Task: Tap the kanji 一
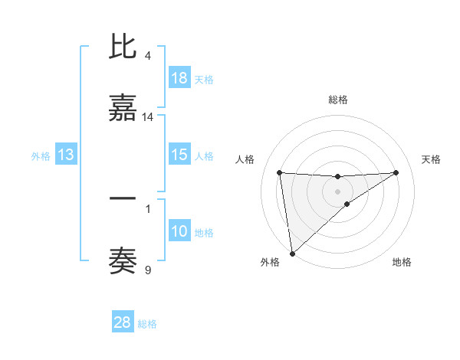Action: [123, 199]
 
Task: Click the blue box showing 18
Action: [179, 78]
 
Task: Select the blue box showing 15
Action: [179, 155]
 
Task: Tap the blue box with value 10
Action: [179, 231]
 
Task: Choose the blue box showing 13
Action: [66, 155]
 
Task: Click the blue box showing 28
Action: [123, 322]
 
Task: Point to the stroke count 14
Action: [149, 117]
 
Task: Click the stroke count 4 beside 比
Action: [148, 56]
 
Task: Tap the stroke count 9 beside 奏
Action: [148, 270]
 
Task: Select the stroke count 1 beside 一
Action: [148, 207]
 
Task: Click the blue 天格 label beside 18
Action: [204, 79]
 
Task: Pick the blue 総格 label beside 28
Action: [147, 323]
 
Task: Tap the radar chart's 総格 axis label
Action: [337, 100]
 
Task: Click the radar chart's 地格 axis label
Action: [402, 262]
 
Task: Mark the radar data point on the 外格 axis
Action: [292, 253]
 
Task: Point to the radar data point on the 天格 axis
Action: [396, 172]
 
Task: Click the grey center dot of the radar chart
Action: [337, 191]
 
